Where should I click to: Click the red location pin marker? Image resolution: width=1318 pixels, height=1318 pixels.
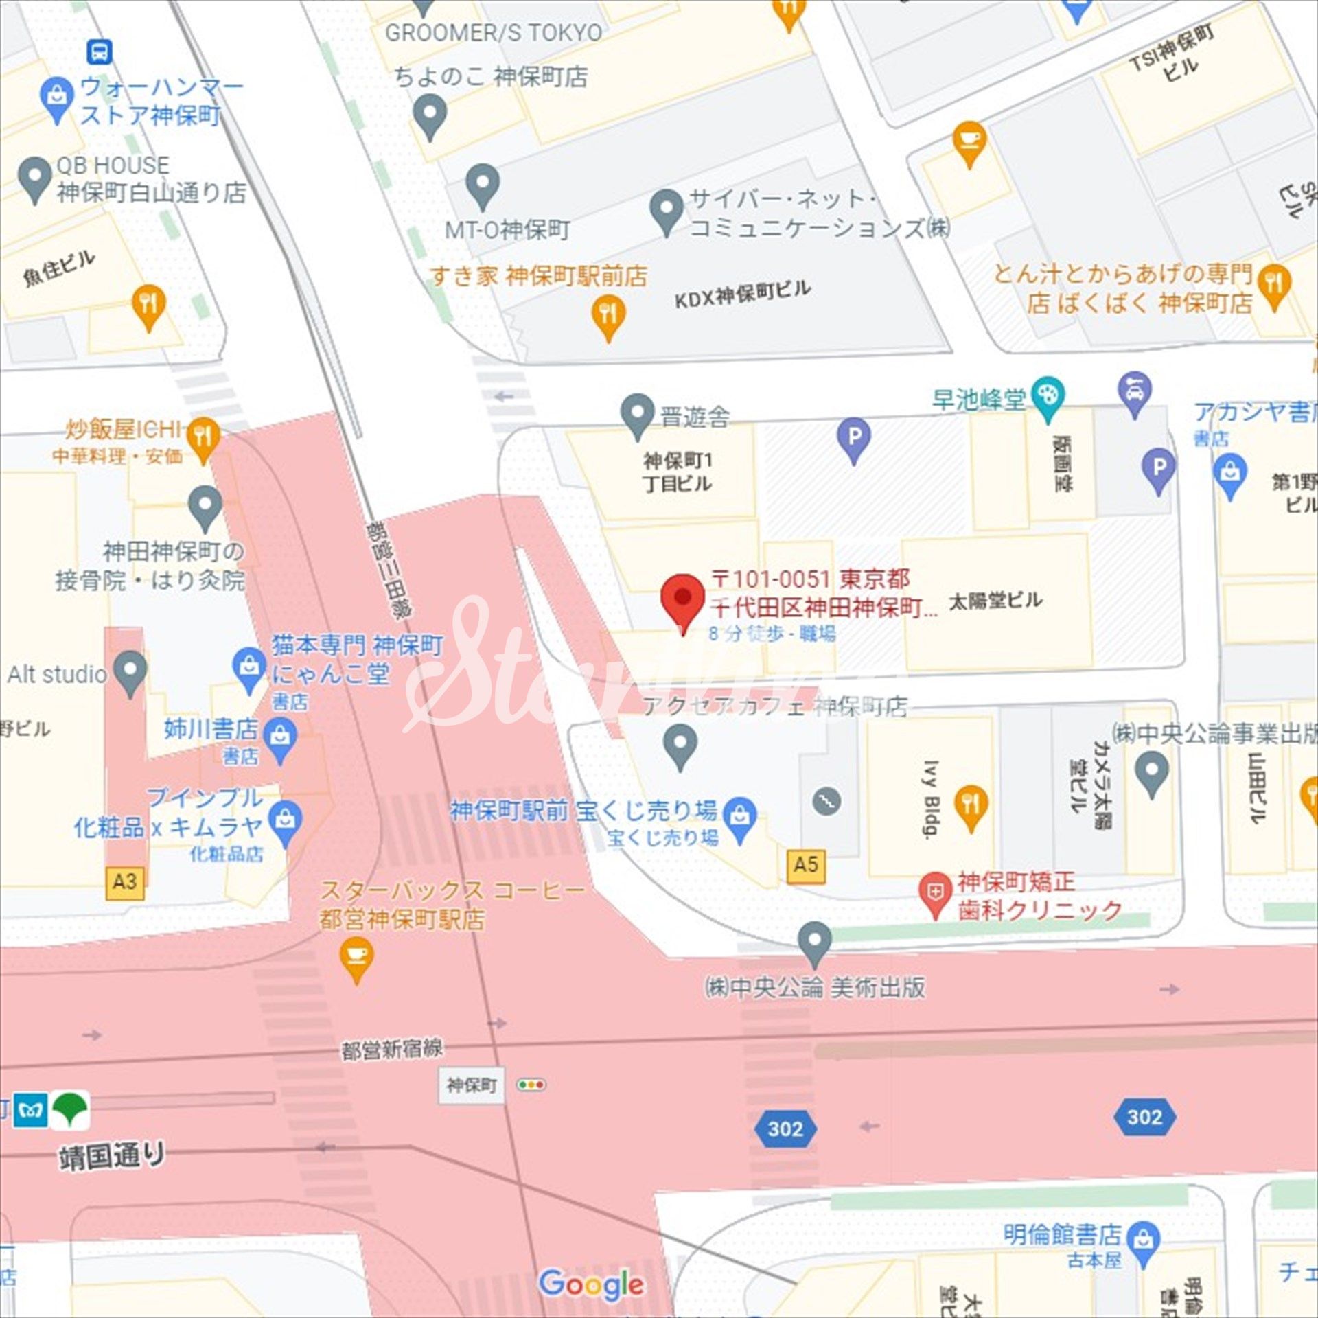682,599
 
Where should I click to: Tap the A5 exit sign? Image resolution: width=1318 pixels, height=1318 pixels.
806,865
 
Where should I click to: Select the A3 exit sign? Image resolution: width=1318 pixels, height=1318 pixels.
125,881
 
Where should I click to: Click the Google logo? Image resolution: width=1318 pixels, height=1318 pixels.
591,1284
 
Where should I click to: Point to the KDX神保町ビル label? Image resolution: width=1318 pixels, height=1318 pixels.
742,294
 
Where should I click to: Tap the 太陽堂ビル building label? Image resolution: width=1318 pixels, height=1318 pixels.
995,601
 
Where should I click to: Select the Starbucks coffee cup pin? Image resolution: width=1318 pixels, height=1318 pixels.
356,957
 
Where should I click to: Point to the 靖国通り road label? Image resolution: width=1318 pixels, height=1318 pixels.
112,1155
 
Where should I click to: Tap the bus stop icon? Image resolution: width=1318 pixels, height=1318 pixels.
100,51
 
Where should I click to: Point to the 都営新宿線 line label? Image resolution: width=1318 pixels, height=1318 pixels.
392,1049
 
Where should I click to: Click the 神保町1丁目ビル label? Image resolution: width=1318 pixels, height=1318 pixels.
678,472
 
